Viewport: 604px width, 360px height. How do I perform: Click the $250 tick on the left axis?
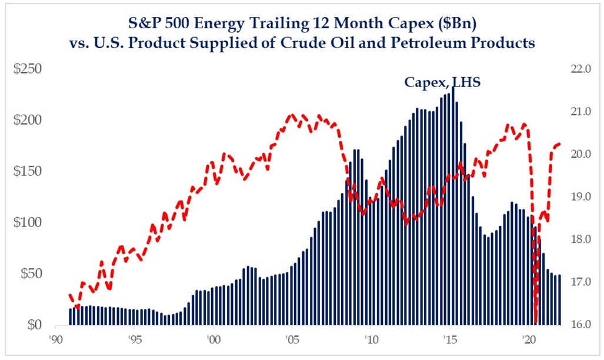pos(28,69)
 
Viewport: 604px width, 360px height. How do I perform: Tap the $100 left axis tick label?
pos(28,222)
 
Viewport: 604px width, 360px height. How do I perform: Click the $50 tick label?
pos(30,274)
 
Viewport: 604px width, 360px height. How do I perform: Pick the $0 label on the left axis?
pos(33,325)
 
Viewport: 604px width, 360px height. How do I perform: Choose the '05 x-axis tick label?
pos(290,340)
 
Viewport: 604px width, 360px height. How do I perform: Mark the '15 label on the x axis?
pos(449,340)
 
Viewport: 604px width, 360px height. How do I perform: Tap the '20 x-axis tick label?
pos(528,340)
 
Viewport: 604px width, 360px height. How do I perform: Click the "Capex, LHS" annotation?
pos(442,82)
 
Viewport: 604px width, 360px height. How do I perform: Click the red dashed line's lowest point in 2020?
pos(536,321)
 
